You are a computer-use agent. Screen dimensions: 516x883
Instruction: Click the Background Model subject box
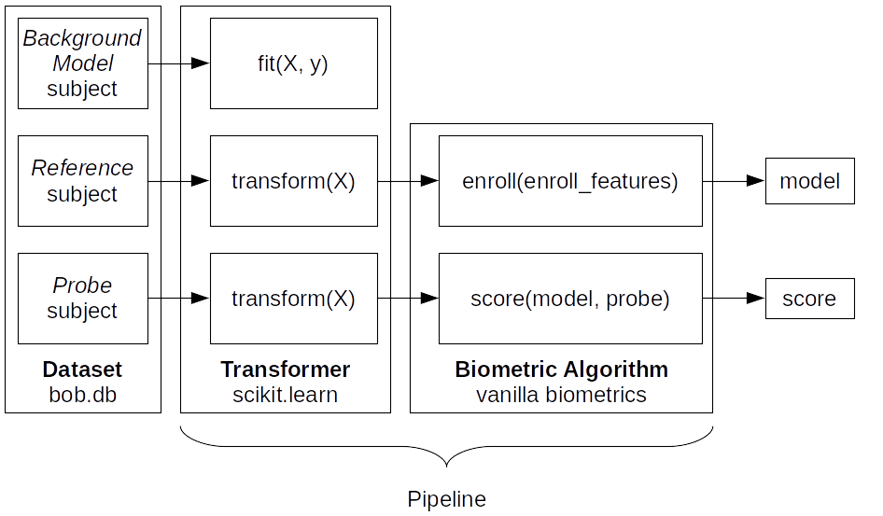coord(82,63)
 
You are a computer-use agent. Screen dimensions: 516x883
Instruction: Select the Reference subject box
coord(82,181)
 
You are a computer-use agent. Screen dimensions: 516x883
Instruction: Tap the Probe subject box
coord(82,298)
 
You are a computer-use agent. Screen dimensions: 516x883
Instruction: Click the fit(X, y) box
coord(293,63)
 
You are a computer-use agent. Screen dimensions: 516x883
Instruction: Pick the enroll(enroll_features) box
coord(569,181)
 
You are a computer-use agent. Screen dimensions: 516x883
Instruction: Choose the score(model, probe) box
coord(569,299)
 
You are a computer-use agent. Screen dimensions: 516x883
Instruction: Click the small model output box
coord(809,181)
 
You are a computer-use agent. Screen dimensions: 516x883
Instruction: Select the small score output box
coord(809,299)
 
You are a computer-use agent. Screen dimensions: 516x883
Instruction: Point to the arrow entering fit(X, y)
coord(178,63)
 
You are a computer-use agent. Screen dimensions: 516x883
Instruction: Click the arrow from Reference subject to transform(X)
coord(178,181)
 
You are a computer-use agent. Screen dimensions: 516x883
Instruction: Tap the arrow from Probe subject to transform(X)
coord(178,299)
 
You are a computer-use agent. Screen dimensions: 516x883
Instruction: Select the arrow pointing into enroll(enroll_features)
coord(408,181)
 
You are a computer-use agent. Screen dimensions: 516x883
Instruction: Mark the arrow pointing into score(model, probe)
coord(408,299)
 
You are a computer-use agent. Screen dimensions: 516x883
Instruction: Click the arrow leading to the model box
coord(734,181)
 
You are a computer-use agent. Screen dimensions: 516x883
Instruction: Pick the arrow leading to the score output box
coord(734,299)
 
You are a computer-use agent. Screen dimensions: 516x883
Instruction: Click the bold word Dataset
coord(82,370)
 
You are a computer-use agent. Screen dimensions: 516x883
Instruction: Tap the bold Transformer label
coord(285,370)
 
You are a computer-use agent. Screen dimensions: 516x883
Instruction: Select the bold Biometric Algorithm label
coord(561,370)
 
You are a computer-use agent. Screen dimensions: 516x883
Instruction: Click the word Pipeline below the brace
coord(446,498)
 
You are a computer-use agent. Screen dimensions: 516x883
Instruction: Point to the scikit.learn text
coord(285,395)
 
